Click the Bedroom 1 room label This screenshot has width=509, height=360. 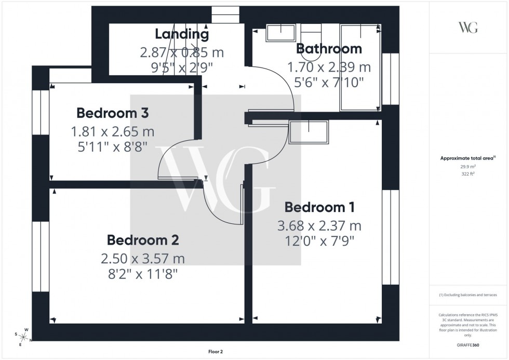pos(319,207)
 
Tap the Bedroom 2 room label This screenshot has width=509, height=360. pos(143,240)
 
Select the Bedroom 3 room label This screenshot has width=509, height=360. pos(113,113)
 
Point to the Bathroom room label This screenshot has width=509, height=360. pos(329,49)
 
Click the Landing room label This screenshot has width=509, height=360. pos(182,35)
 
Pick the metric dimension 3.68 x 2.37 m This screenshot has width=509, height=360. pos(319,226)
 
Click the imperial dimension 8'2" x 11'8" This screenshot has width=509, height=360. pos(143,274)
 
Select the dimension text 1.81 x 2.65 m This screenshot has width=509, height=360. pos(113,131)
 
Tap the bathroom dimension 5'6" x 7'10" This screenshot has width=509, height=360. pos(329,82)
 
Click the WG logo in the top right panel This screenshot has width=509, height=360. pos(467,28)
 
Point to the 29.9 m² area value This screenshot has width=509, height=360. pos(467,167)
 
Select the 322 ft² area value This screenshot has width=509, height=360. pos(467,175)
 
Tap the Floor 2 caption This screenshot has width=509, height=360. pos(215,352)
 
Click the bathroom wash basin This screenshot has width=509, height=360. pos(280,33)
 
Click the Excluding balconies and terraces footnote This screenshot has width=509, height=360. pos(467,295)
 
